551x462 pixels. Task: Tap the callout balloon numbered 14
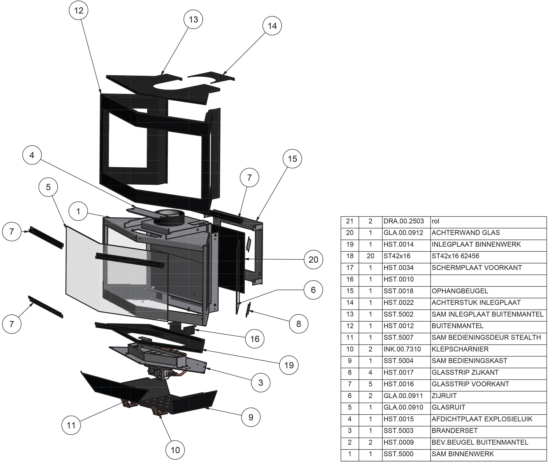click(272, 26)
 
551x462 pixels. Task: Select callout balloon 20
click(313, 260)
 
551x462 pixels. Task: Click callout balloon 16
click(255, 339)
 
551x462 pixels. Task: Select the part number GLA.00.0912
click(403, 233)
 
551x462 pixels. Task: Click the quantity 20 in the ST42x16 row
click(370, 256)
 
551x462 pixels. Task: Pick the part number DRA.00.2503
click(404, 221)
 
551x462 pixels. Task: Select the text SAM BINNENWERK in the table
click(463, 454)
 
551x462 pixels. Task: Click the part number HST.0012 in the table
click(398, 326)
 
